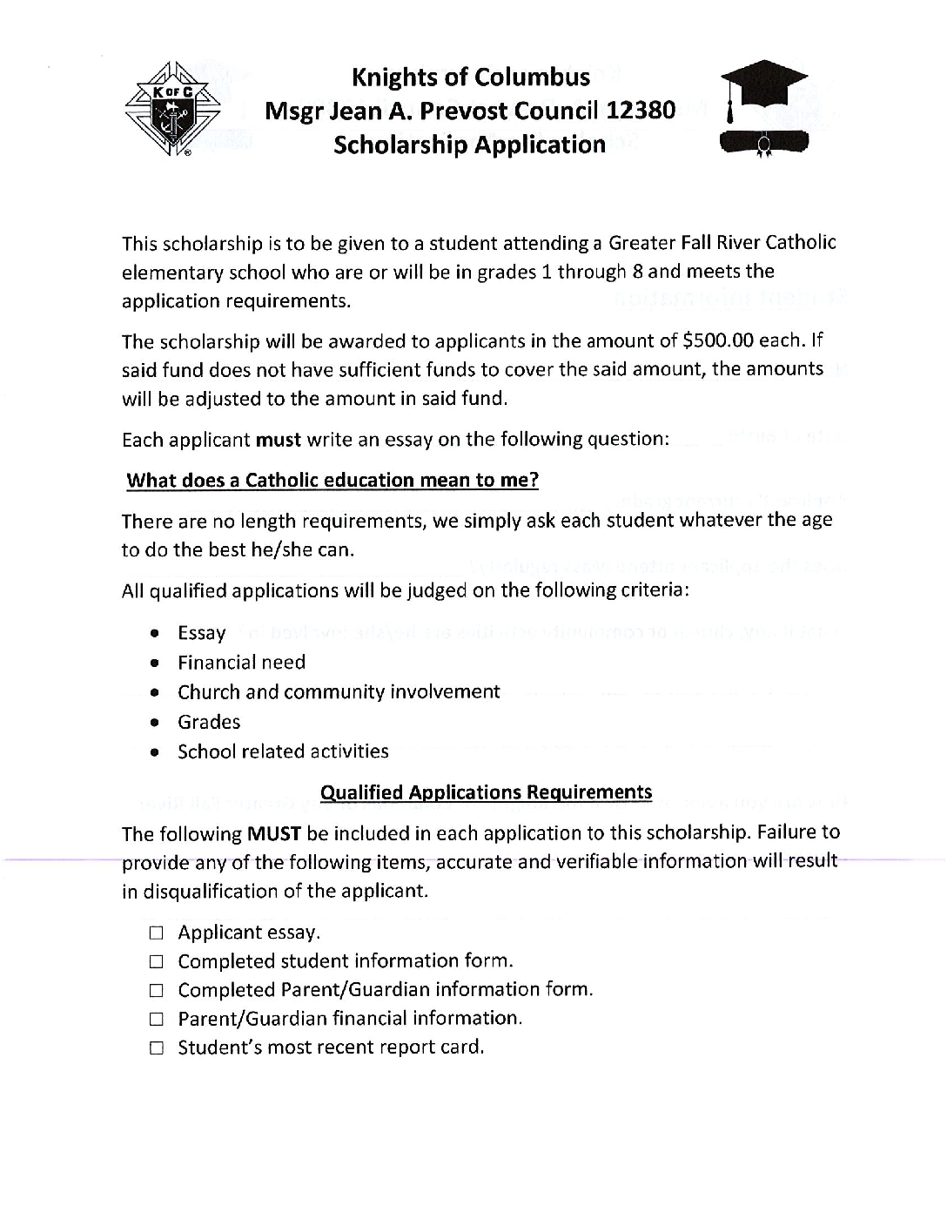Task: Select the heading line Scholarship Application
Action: coord(469,145)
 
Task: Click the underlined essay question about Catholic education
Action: coord(332,481)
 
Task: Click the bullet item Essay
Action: coord(201,633)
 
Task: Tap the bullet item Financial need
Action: coord(241,663)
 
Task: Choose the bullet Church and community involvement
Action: coord(339,692)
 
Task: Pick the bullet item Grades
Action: coord(209,722)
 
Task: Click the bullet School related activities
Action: coord(283,751)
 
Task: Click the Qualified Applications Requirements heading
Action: coord(486,792)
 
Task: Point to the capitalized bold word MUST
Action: coord(274,834)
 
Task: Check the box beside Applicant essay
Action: coord(156,933)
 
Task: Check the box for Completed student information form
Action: coord(156,962)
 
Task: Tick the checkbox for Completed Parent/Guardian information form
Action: coord(156,991)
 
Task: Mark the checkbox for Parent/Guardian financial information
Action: coord(156,1020)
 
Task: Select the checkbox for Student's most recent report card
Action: coord(156,1048)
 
